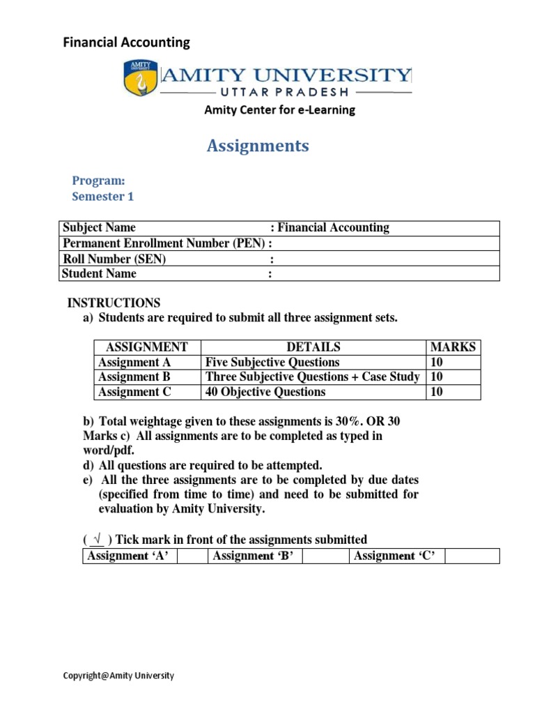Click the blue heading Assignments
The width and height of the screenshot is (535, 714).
(258, 146)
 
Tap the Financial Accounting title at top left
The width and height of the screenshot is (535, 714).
(127, 43)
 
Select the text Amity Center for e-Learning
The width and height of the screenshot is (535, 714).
(279, 109)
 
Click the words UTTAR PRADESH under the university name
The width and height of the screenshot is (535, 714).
(286, 92)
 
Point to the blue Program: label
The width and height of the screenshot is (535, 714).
(98, 181)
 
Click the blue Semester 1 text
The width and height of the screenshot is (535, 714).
(102, 197)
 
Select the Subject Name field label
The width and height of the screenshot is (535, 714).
(99, 228)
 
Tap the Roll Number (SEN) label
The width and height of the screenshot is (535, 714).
(114, 259)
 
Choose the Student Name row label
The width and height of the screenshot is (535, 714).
(99, 273)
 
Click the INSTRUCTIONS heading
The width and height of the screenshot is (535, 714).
(114, 303)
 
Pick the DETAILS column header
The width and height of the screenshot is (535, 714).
(313, 347)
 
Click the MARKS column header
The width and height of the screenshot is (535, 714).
(453, 347)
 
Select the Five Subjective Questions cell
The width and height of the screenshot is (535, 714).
(272, 362)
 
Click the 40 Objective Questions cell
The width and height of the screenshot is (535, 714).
(265, 392)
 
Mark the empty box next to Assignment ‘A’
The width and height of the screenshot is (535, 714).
(193, 556)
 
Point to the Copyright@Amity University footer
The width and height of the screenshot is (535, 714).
(118, 676)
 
